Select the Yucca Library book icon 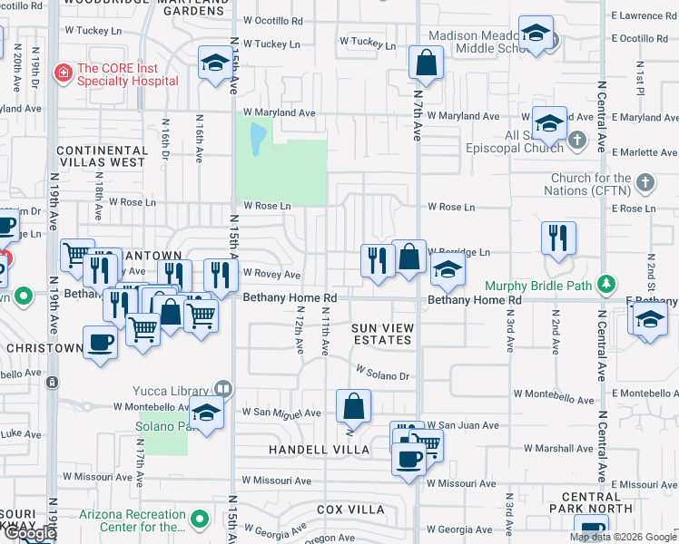click(223, 390)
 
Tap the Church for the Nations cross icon click(645, 183)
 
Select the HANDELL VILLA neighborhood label click(319, 450)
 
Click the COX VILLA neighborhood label click(350, 510)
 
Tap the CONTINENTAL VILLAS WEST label click(100, 156)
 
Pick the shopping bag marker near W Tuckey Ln click(426, 63)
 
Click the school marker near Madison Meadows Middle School click(536, 34)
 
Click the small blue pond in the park click(258, 137)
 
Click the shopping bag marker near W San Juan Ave click(353, 407)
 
